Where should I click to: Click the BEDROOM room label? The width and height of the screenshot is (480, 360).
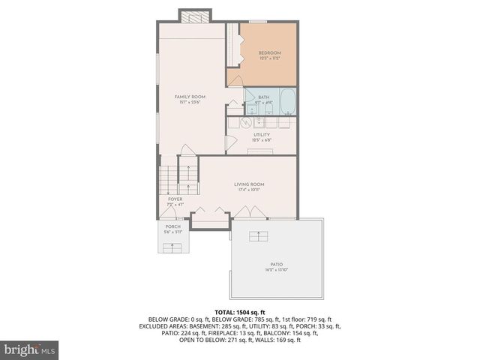pos(269,52)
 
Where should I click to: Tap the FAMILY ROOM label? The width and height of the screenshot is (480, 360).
pos(190,97)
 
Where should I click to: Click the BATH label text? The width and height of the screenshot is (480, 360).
pos(263,97)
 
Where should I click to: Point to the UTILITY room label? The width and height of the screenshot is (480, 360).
pos(261,135)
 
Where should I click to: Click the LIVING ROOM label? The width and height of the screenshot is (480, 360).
pos(249,184)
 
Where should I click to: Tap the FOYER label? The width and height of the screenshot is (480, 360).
pos(175,199)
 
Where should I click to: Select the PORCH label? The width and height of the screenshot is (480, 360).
pos(173,226)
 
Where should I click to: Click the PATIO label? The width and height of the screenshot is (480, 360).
pos(277,264)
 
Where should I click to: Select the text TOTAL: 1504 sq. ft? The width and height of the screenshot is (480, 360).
pos(240,312)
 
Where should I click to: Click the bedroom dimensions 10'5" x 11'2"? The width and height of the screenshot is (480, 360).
pos(269,58)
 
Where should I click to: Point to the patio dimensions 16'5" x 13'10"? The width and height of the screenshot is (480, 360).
pos(277,270)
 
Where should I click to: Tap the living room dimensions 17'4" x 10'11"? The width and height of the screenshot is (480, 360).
pos(249,190)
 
